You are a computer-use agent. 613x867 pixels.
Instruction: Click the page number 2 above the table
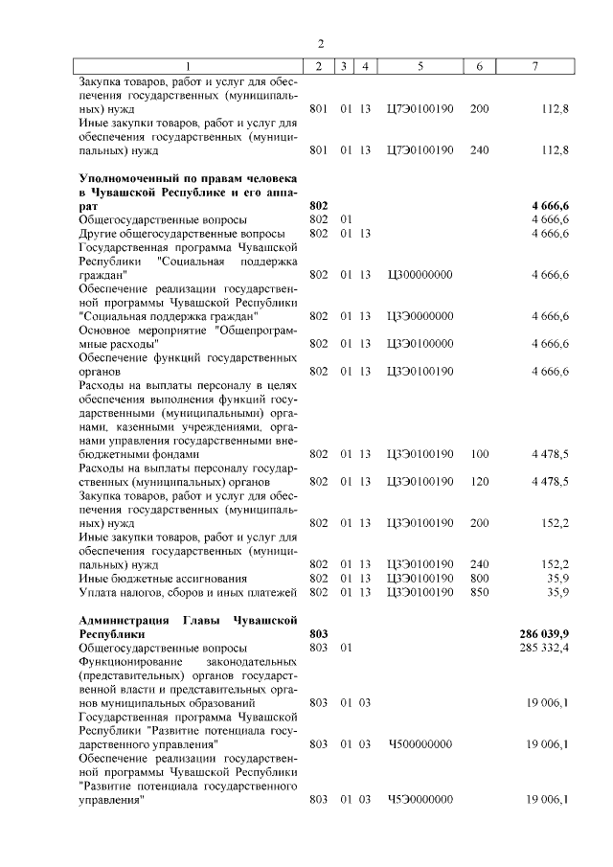(322, 43)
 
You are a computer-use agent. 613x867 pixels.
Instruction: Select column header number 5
(420, 65)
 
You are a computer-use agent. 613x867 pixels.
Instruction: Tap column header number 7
(534, 65)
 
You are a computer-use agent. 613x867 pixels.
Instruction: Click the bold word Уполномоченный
(129, 178)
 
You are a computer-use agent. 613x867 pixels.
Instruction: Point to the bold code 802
(320, 206)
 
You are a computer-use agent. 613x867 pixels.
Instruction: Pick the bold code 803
(320, 634)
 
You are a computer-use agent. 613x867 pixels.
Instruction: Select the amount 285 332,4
(543, 648)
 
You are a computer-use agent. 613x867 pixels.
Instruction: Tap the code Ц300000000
(420, 275)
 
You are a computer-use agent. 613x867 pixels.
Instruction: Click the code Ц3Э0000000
(420, 316)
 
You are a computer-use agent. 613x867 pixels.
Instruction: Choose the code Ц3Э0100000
(420, 343)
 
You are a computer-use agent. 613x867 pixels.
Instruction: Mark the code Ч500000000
(420, 743)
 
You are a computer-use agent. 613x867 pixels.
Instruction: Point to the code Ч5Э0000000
(420, 799)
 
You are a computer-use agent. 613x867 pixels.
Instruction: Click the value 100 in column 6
(479, 453)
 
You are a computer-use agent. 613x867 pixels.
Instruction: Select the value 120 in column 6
(479, 481)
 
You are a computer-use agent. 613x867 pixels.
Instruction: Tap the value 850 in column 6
(479, 592)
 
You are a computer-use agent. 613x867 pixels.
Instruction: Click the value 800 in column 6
(479, 579)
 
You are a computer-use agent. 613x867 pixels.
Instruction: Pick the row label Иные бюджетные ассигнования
(150, 579)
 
